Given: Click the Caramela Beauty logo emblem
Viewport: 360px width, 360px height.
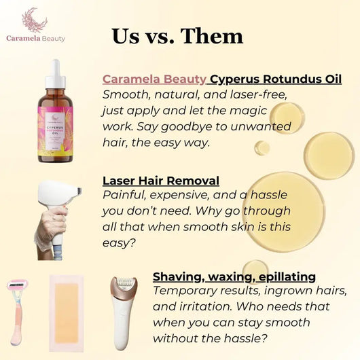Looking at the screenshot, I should point(30,21).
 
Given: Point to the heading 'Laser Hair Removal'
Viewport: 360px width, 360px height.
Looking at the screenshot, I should point(161,181).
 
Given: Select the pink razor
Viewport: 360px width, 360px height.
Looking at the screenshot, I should point(18,310).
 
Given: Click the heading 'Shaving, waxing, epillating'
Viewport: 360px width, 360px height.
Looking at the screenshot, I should point(234,276).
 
